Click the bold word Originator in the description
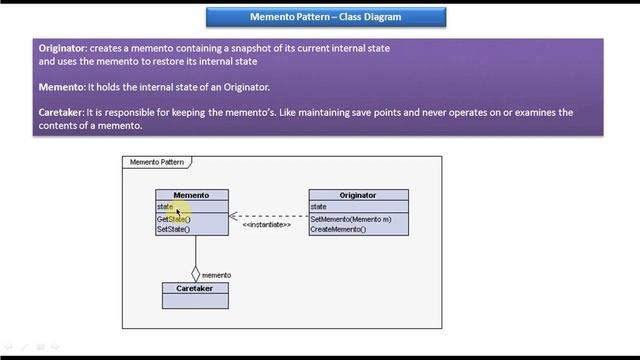pyautogui.click(x=63, y=48)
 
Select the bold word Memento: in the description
pyautogui.click(x=64, y=87)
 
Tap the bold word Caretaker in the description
pyautogui.click(x=61, y=113)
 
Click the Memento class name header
pyautogui.click(x=191, y=195)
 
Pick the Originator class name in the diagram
pyautogui.click(x=358, y=195)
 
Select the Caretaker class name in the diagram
pyautogui.click(x=195, y=288)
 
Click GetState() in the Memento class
pyautogui.click(x=173, y=219)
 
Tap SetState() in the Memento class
pyautogui.click(x=173, y=229)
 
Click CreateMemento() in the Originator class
pyautogui.click(x=338, y=229)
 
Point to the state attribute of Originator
pyautogui.click(x=319, y=207)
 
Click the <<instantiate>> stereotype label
pyautogui.click(x=267, y=225)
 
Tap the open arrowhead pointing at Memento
pyautogui.click(x=233, y=215)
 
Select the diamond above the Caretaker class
pyautogui.click(x=195, y=272)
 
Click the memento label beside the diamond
pyautogui.click(x=217, y=275)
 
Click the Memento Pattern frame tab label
pyautogui.click(x=157, y=162)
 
